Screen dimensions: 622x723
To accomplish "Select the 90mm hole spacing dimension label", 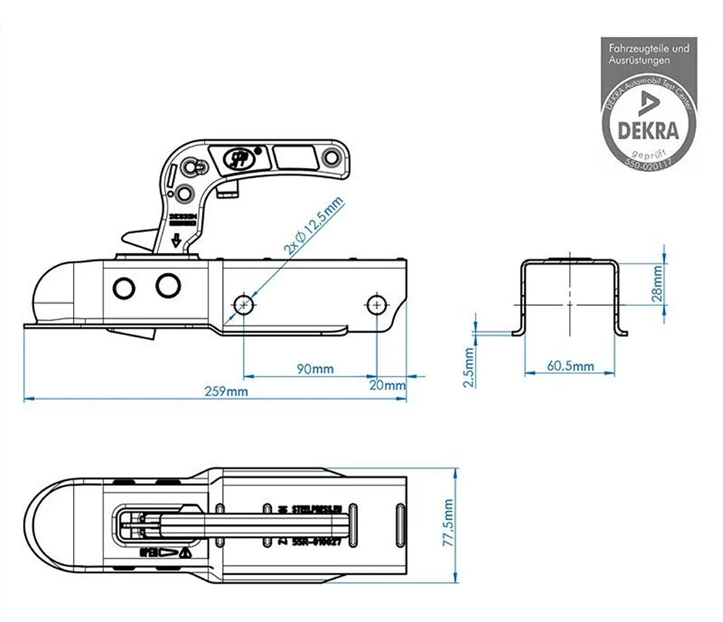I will tap(315, 370).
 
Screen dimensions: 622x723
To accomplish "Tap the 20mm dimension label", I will tap(392, 385).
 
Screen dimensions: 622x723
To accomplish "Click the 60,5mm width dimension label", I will tap(570, 367).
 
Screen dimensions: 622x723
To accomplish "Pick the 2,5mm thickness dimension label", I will tap(469, 367).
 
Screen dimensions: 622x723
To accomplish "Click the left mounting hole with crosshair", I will tap(244, 304).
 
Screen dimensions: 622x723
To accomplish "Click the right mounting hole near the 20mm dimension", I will tap(376, 304).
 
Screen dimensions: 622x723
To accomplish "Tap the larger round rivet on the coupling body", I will tap(168, 286).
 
